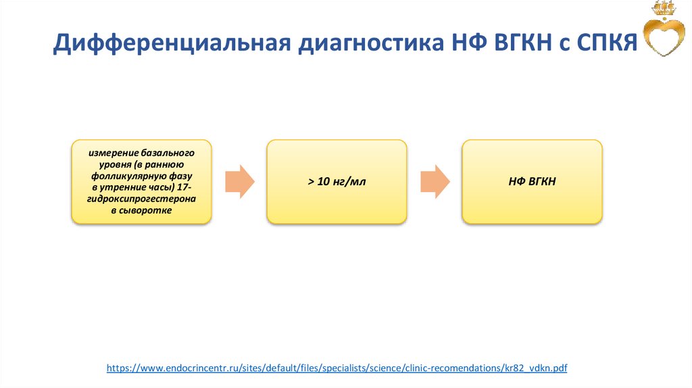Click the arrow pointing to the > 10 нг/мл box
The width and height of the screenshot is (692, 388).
tap(239, 181)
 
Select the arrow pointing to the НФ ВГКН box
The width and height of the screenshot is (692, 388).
tap(435, 181)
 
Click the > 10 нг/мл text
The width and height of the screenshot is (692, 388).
tap(337, 182)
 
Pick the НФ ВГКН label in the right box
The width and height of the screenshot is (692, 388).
tap(532, 182)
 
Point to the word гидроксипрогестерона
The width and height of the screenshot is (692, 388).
tap(141, 199)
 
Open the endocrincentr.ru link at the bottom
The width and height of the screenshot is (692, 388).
tap(337, 368)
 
